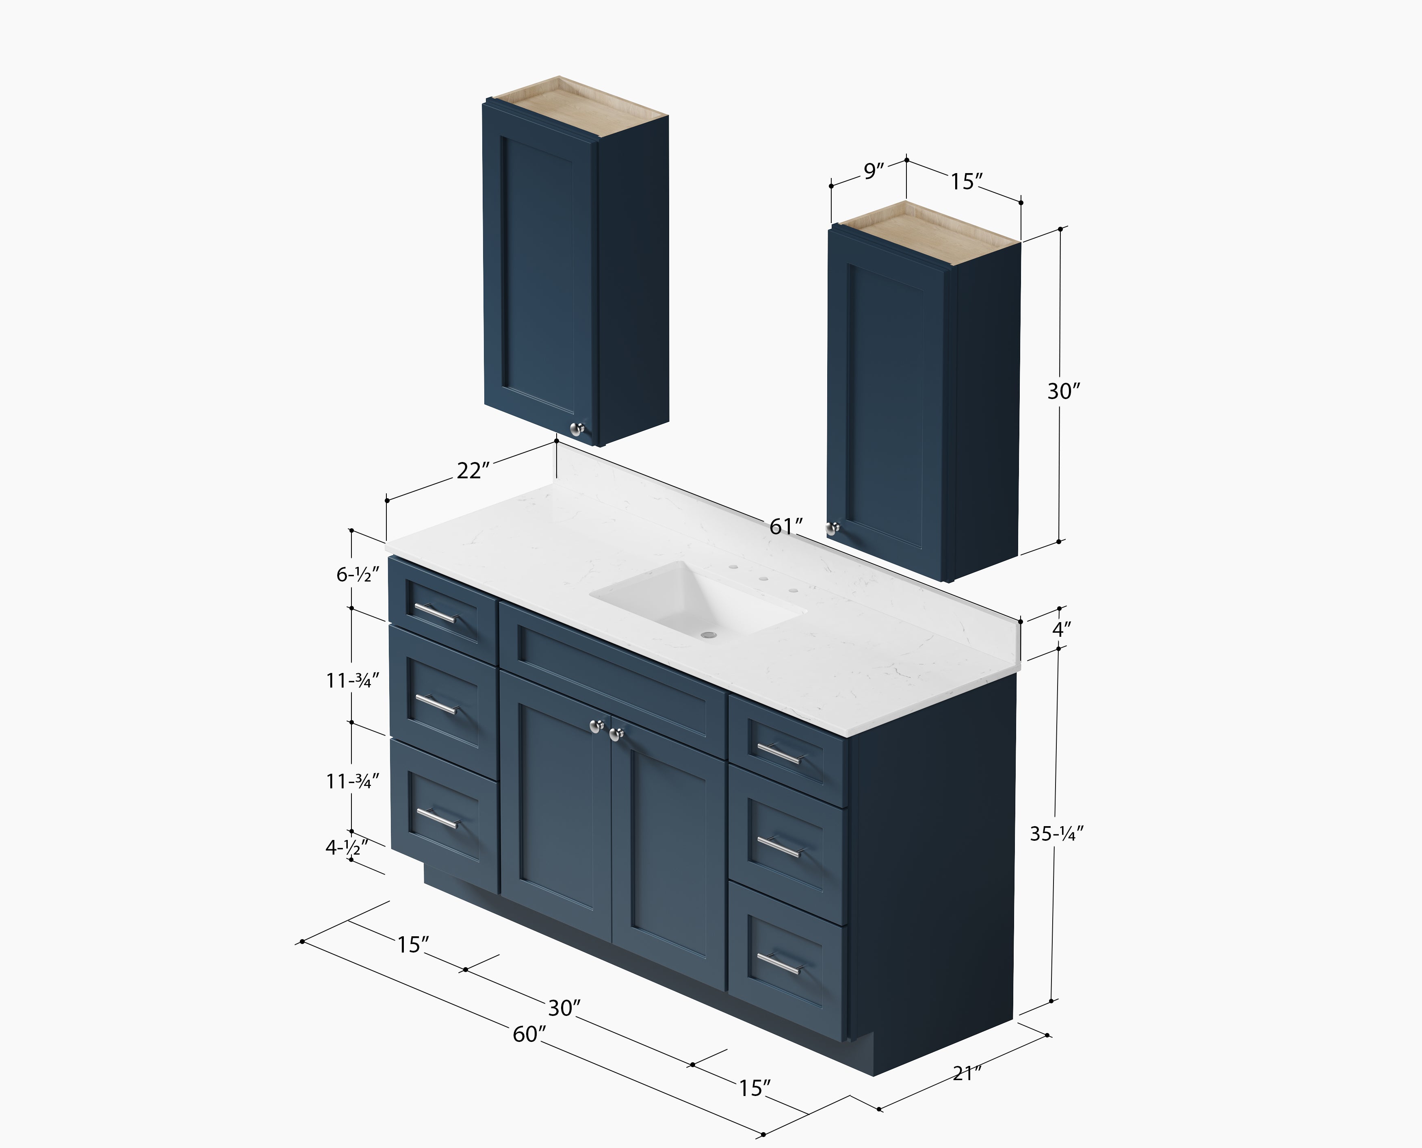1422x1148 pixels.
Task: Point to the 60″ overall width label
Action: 529,1033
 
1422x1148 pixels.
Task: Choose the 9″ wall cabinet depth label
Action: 873,171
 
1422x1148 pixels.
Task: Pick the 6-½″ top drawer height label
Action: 358,575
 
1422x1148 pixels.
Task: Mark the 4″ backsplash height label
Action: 1061,629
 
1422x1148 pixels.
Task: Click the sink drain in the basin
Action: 708,634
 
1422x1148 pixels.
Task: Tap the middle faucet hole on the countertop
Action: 763,579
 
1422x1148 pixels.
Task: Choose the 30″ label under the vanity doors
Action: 564,1008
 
